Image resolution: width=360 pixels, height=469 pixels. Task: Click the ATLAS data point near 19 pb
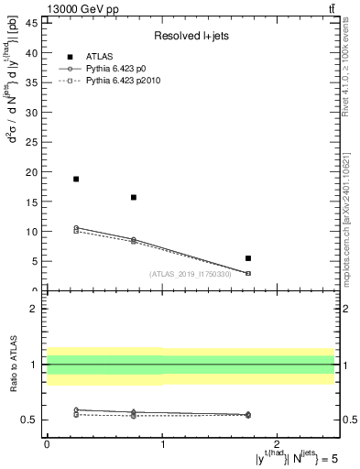(76, 179)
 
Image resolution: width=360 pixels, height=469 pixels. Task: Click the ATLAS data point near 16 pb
(134, 197)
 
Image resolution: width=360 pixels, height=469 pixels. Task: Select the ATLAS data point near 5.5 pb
(248, 258)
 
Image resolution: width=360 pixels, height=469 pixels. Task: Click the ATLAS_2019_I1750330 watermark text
(189, 273)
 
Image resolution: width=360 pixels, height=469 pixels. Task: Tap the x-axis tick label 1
(162, 444)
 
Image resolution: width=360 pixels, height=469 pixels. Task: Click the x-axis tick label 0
(47, 444)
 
